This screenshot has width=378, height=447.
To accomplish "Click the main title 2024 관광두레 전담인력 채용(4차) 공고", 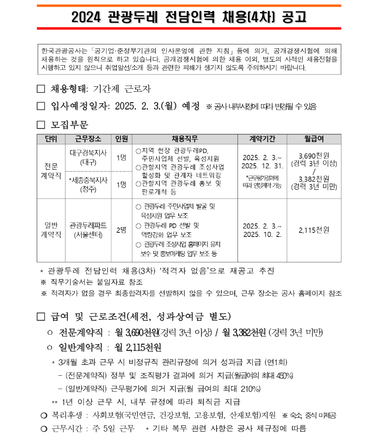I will [189, 17].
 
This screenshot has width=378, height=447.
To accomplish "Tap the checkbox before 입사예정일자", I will [41, 106].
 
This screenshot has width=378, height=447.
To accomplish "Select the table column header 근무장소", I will [88, 139].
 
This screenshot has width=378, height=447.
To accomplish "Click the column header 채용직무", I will [184, 139].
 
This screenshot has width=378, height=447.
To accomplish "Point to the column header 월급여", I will [313, 139].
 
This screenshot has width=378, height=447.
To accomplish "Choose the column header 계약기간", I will [262, 139].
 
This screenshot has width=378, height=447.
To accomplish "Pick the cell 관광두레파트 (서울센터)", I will [88, 230].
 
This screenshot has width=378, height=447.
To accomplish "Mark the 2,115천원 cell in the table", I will [313, 230].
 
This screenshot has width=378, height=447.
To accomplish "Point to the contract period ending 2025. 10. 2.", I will [262, 234].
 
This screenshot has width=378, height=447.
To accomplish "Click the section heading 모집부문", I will [69, 125].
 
